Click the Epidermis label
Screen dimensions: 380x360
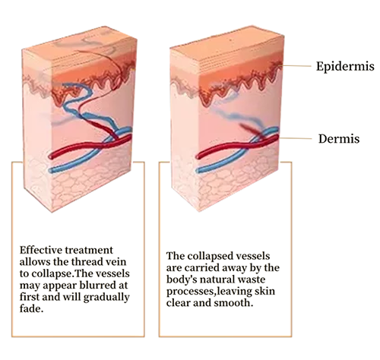(x=345, y=67)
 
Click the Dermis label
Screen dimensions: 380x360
(x=339, y=139)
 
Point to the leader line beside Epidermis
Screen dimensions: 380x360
(x=296, y=66)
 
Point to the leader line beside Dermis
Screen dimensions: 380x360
(x=295, y=138)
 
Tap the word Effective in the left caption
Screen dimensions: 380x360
(x=41, y=250)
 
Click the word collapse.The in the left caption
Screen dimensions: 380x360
(x=59, y=273)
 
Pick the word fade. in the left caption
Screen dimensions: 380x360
(x=31, y=308)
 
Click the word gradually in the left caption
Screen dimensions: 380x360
(x=106, y=298)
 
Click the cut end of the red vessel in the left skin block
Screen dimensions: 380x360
(x=51, y=156)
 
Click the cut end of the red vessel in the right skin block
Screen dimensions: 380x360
(x=198, y=156)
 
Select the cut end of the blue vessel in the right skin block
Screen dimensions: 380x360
(x=198, y=170)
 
